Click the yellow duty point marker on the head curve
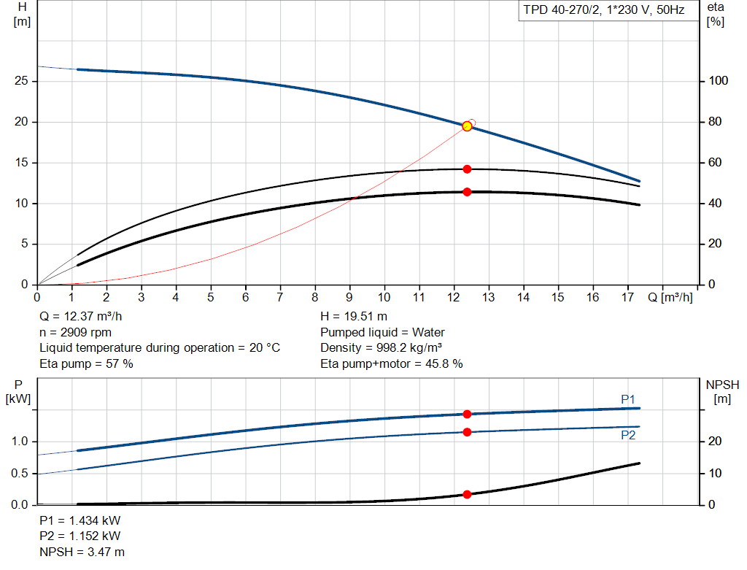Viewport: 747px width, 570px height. pos(467,126)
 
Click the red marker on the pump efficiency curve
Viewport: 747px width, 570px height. pos(467,169)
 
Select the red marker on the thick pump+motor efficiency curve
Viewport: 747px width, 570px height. pos(467,192)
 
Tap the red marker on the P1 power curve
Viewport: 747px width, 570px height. pos(467,414)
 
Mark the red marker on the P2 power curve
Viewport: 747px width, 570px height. pos(467,432)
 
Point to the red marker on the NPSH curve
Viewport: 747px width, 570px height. pos(467,495)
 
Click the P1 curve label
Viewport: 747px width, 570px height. pos(628,399)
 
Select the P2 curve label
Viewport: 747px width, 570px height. pos(628,435)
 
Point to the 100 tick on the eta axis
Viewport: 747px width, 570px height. pos(718,81)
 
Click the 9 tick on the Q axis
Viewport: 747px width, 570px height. pos(349,297)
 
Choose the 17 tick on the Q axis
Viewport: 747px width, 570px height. pos(627,297)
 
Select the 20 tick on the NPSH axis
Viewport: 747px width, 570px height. pos(715,442)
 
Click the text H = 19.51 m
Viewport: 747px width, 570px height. pos(354,317)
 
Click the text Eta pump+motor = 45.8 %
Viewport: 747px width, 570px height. pos(392,363)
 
